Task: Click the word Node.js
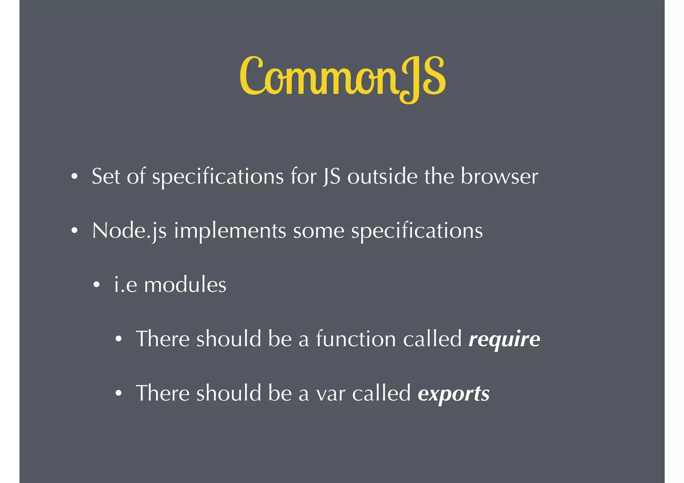click(x=129, y=231)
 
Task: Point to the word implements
click(x=230, y=231)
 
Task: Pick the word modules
click(x=185, y=285)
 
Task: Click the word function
click(x=356, y=339)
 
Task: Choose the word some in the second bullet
click(x=319, y=231)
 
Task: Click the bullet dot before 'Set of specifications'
click(x=74, y=176)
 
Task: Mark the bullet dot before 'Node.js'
click(x=74, y=230)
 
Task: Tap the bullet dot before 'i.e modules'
click(x=97, y=285)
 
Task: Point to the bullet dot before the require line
click(x=119, y=339)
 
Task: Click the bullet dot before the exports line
click(x=119, y=394)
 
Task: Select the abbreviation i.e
click(x=126, y=285)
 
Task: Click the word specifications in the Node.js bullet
click(x=417, y=231)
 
